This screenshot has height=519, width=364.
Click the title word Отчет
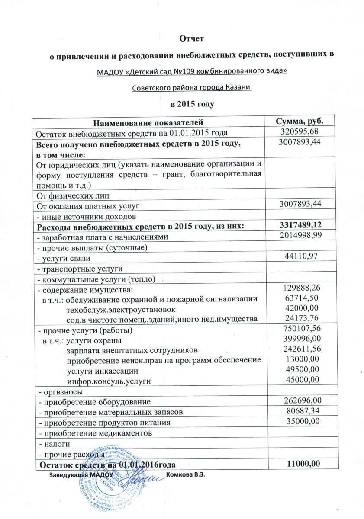point(191,39)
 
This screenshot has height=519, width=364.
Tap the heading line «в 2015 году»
point(191,104)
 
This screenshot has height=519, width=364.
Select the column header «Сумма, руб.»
point(300,121)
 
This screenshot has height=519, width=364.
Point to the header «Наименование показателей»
point(148,122)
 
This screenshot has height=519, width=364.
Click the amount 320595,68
point(300,131)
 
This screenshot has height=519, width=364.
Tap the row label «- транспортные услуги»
point(81,269)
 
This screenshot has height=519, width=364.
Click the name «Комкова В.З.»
point(185,475)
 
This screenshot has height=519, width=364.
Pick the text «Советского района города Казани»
point(191,88)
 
